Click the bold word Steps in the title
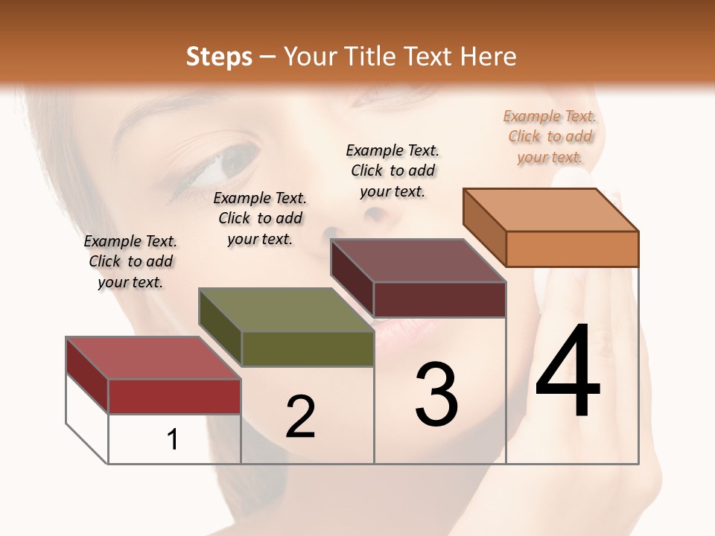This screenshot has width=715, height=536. coord(219,57)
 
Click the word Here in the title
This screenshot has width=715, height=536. coord(488,57)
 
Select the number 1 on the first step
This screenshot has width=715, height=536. coord(173,439)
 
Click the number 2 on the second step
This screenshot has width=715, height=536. coord(300,417)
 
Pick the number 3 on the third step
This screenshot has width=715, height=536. coord(436,395)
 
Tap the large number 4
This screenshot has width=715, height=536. coord(568,372)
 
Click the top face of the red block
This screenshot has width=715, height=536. coord(153,357)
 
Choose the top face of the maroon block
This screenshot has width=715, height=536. coord(418,261)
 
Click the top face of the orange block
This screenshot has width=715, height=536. coord(550,209)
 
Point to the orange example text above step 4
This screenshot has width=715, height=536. coord(550,136)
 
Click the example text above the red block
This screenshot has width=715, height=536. coord(130,261)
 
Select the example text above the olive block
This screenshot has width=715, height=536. coord(260,218)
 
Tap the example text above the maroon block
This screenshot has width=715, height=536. coord(393,170)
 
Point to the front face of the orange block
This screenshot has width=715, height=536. coord(572,249)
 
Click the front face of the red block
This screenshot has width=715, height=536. coord(174,396)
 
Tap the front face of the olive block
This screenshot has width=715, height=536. coord(307,348)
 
